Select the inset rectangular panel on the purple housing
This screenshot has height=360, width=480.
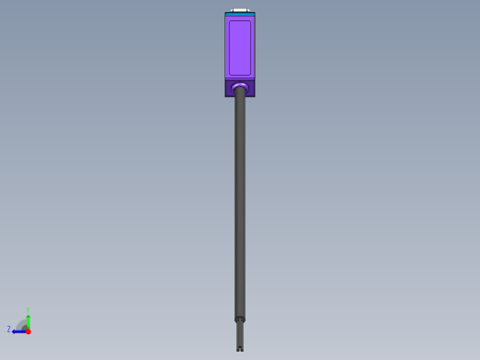(240, 47)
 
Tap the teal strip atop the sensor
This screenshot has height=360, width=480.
(240, 14)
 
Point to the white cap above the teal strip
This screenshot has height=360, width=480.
(240, 10)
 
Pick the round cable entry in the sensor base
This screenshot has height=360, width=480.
(240, 87)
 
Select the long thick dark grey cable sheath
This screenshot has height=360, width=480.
(240, 203)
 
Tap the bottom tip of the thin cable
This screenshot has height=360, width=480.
(240, 349)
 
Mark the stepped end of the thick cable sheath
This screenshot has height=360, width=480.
(240, 319)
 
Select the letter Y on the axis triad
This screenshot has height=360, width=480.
(28, 310)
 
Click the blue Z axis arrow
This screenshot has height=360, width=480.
(19, 330)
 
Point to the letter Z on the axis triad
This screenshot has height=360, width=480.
(9, 330)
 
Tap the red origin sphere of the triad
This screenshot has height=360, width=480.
(28, 330)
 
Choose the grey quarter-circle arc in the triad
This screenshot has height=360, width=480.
(20, 323)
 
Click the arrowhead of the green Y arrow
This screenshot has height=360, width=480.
(28, 316)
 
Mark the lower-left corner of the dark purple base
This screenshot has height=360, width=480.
(226, 95)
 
